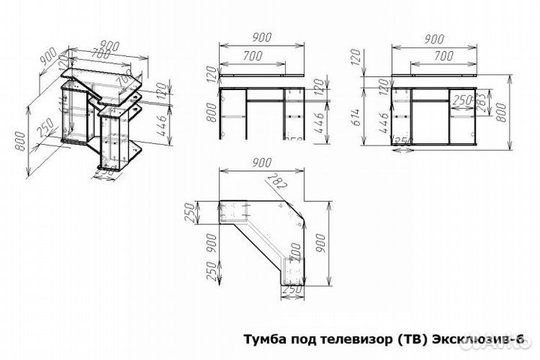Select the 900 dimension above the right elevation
433,38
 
